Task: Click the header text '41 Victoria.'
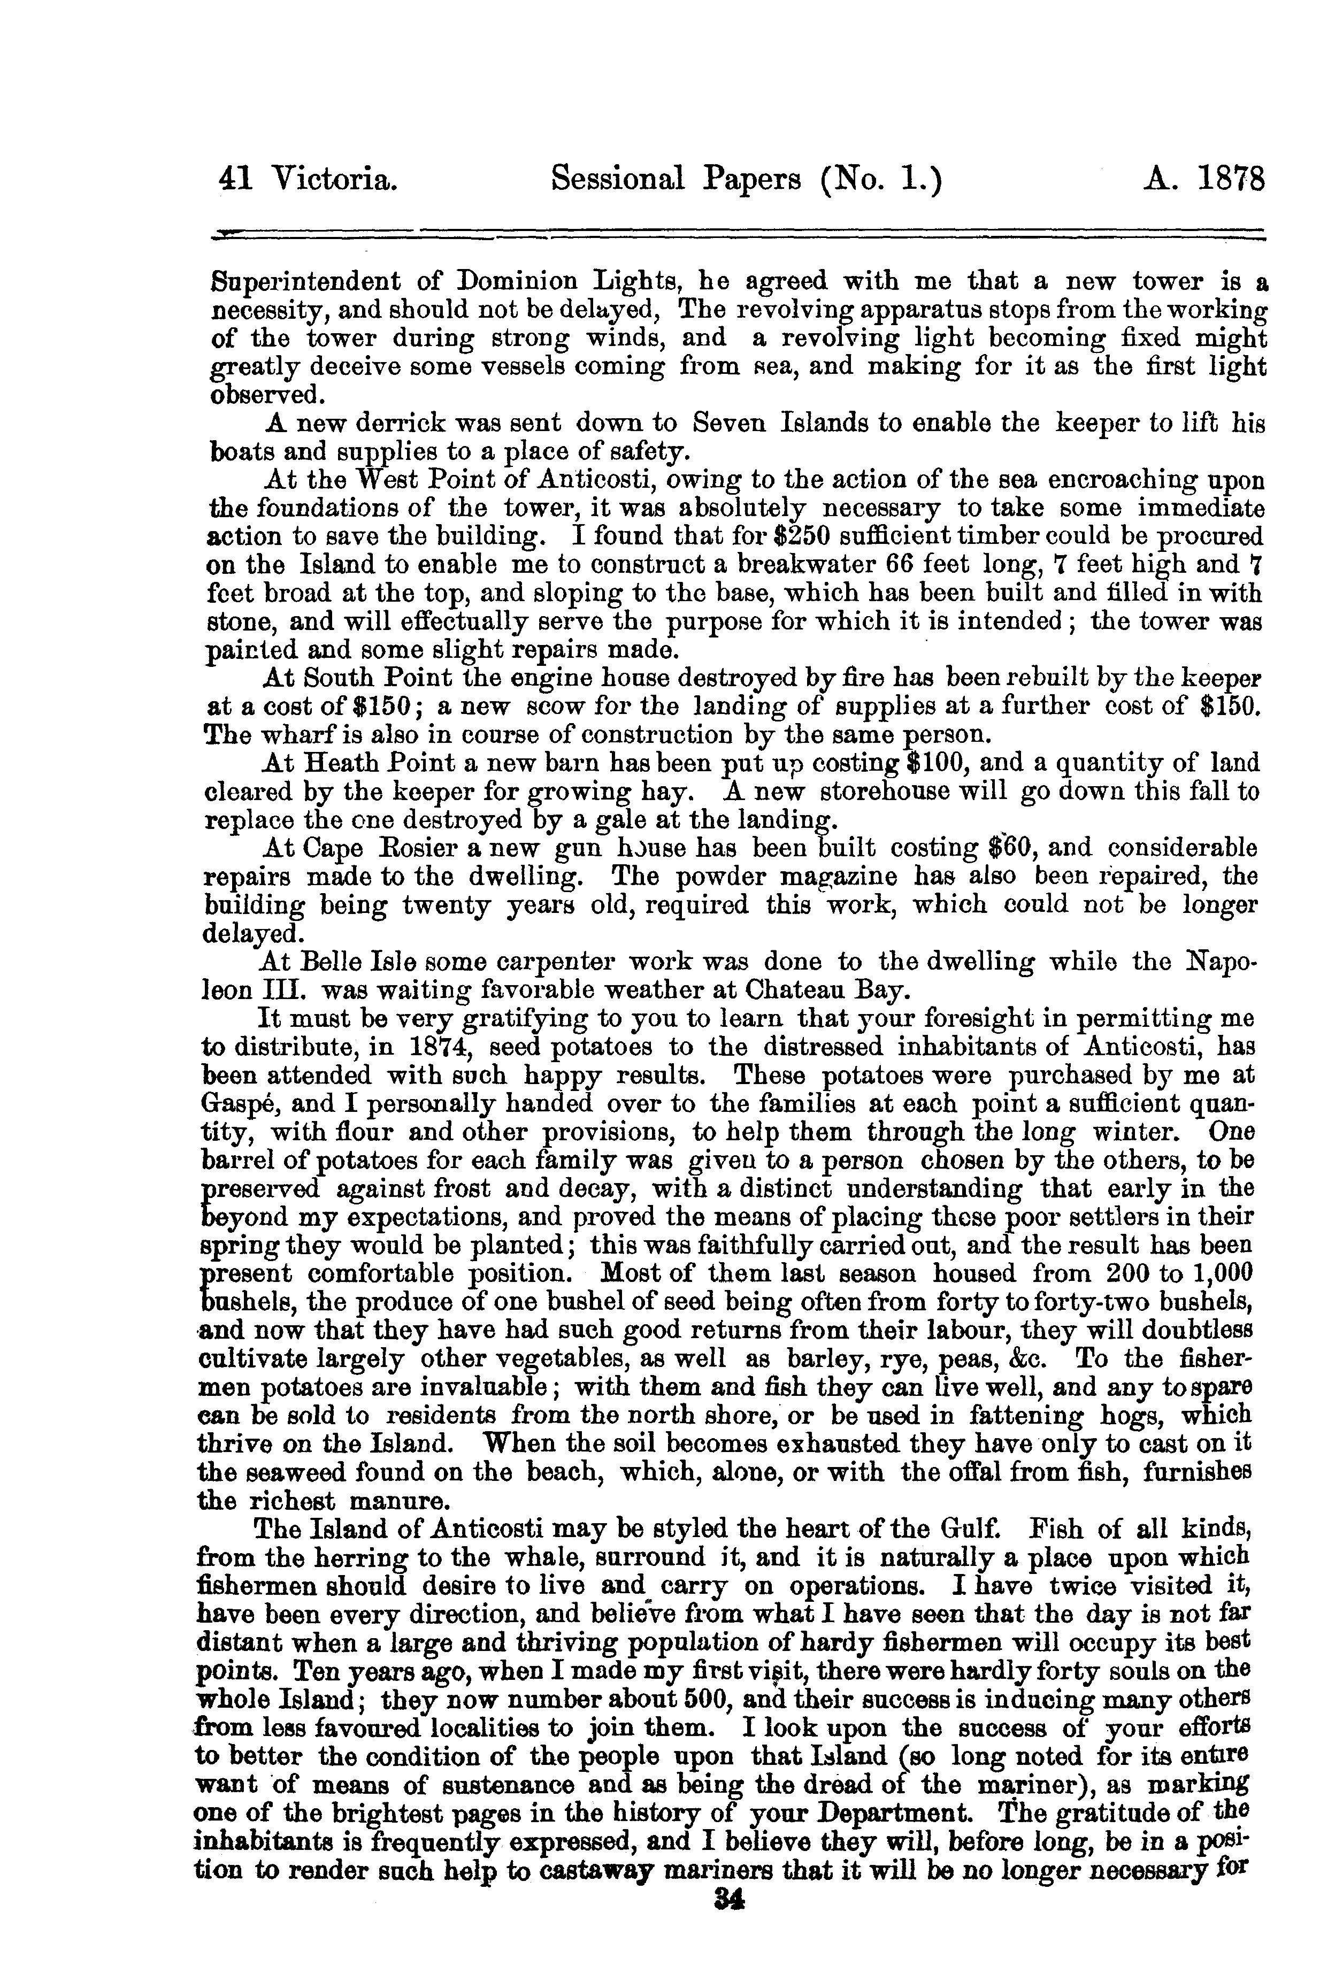pos(308,180)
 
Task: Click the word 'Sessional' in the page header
pos(615,180)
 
